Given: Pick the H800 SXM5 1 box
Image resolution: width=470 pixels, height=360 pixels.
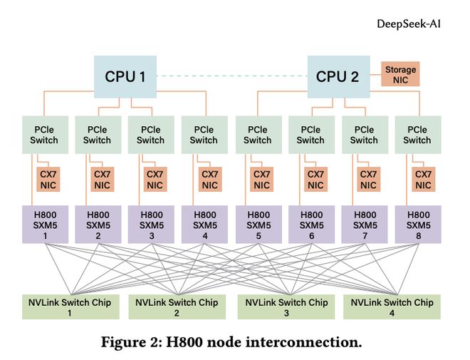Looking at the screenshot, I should (x=44, y=224).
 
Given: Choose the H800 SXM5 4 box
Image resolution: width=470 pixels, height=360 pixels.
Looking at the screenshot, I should (x=204, y=224).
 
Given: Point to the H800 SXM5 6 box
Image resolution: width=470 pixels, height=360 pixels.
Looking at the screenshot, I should (x=311, y=224).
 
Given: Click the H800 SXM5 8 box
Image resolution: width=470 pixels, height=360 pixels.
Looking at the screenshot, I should (x=417, y=224).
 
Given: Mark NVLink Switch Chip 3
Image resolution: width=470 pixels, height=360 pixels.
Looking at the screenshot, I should (x=286, y=307).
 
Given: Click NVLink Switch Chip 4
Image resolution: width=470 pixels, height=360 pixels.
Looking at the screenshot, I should (x=392, y=307).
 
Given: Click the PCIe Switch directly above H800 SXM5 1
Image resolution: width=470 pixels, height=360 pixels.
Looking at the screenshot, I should (x=44, y=135).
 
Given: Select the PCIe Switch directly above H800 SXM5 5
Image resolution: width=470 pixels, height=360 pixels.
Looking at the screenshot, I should (x=257, y=135).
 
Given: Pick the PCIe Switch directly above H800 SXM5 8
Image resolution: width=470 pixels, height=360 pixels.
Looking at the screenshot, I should (x=417, y=135).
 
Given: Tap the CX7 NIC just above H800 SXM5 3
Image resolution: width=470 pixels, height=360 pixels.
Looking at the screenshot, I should (x=155, y=179).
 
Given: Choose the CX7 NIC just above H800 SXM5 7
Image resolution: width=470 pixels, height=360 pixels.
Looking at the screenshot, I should (x=368, y=179).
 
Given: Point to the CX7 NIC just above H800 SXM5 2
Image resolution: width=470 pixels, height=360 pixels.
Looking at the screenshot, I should (x=102, y=179).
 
